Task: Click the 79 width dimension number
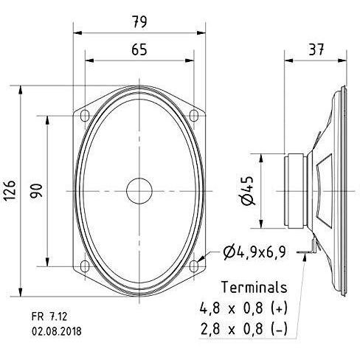[x=139, y=21]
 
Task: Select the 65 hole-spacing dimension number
[x=139, y=49]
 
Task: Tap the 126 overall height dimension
[x=10, y=190]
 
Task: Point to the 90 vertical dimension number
[x=36, y=190]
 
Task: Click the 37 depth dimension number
[x=316, y=49]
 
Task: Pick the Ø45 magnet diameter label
[x=247, y=190]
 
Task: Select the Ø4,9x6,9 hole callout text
[x=255, y=252]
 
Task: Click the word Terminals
[x=255, y=287]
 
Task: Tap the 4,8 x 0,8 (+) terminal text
[x=243, y=308]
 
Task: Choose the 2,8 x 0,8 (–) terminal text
[x=243, y=329]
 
